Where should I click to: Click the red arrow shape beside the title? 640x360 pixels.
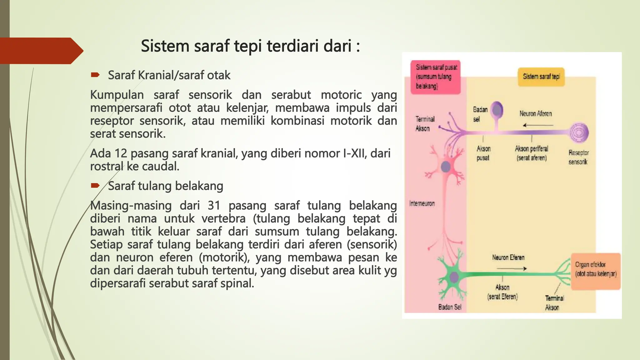pyautogui.click(x=41, y=51)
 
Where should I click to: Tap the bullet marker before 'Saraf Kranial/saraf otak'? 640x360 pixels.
pyautogui.click(x=95, y=75)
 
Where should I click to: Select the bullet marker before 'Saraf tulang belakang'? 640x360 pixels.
pyautogui.click(x=95, y=186)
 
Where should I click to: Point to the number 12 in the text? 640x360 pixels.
pyautogui.click(x=120, y=153)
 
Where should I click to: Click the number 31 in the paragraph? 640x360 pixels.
pyautogui.click(x=214, y=206)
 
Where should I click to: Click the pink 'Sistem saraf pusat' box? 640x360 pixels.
pyautogui.click(x=436, y=77)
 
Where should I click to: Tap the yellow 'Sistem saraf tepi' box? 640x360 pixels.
pyautogui.click(x=541, y=77)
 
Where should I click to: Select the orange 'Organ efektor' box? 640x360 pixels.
pyautogui.click(x=596, y=271)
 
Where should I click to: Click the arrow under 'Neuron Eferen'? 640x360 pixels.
pyautogui.click(x=512, y=268)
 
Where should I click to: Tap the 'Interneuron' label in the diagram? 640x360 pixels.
pyautogui.click(x=422, y=203)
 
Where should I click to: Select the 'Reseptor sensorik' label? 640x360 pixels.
pyautogui.click(x=578, y=157)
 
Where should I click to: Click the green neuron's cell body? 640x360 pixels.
pyautogui.click(x=453, y=277)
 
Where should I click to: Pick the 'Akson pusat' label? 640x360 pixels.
pyautogui.click(x=483, y=153)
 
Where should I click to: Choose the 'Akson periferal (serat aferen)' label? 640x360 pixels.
pyautogui.click(x=532, y=153)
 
